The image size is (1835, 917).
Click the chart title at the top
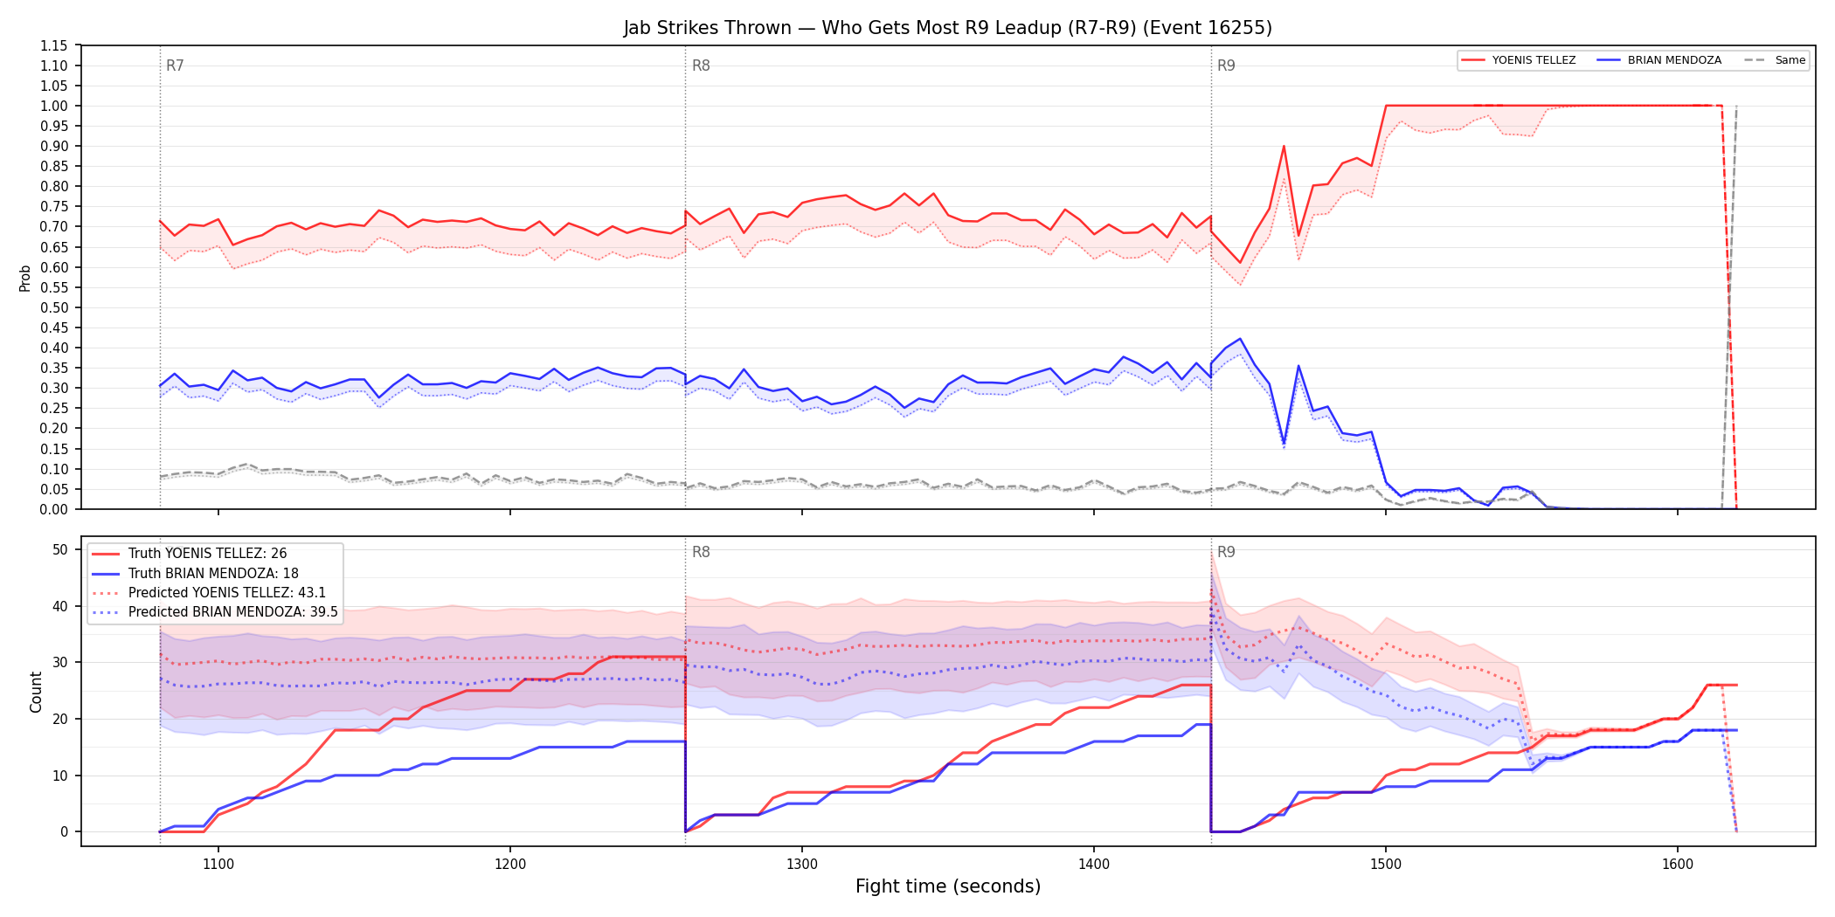coord(947,28)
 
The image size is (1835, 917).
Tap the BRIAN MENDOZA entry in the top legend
coord(1659,60)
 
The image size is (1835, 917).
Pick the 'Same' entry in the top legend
coord(1775,60)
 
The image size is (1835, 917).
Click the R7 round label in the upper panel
coord(175,65)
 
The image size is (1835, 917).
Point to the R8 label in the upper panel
coord(701,65)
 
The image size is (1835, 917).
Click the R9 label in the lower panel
coord(1226,552)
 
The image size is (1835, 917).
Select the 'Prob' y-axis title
coord(25,278)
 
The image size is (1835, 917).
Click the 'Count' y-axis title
coord(36,692)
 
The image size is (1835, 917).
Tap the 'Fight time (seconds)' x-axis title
coord(948,886)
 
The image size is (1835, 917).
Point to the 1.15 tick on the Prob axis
coord(54,45)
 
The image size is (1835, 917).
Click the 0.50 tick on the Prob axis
coord(54,307)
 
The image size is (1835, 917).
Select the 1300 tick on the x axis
coord(802,865)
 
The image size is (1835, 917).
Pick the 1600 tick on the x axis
coord(1678,865)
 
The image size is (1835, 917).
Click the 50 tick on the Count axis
coord(60,549)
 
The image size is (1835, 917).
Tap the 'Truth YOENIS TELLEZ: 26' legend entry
coord(190,554)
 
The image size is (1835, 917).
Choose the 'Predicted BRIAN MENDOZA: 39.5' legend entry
coord(215,612)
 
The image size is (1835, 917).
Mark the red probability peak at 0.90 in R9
coord(1284,146)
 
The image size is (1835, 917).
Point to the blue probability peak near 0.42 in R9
coord(1240,339)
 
